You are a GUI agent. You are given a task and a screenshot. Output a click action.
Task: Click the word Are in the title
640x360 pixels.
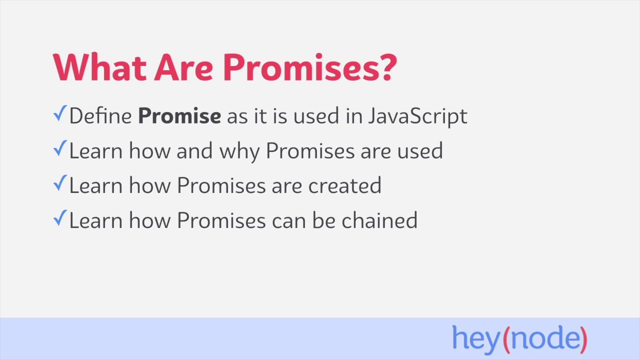pyautogui.click(x=183, y=66)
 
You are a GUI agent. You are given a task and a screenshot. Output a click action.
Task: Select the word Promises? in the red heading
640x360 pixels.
pyautogui.click(x=309, y=66)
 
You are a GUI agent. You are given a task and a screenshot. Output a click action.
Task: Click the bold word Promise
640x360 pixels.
pyautogui.click(x=179, y=116)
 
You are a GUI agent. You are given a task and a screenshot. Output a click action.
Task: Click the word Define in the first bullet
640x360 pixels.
pyautogui.click(x=100, y=116)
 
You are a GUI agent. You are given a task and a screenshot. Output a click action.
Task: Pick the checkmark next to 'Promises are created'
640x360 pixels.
pyautogui.click(x=59, y=184)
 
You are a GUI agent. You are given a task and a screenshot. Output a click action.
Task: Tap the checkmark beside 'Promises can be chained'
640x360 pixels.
pyautogui.click(x=59, y=219)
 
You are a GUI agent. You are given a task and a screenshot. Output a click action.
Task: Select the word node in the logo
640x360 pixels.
pyautogui.click(x=544, y=338)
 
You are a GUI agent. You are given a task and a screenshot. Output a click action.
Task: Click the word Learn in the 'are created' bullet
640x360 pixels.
pyautogui.click(x=96, y=185)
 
